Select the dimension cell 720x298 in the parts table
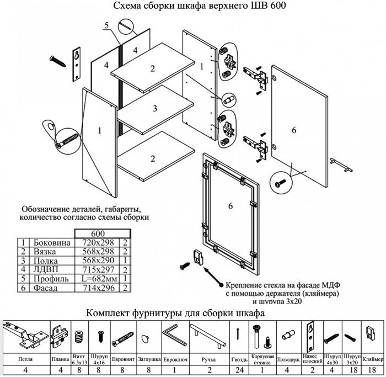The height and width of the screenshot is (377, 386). pyautogui.click(x=97, y=242)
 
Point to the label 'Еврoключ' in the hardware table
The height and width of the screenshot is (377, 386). pyautogui.click(x=174, y=357)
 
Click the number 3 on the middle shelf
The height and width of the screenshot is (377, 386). pyautogui.click(x=156, y=108)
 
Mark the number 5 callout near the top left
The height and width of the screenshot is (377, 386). pyautogui.click(x=106, y=25)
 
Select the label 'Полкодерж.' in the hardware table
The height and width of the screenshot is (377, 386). pyautogui.click(x=287, y=357)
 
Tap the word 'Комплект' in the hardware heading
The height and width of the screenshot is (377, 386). pyautogui.click(x=110, y=314)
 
